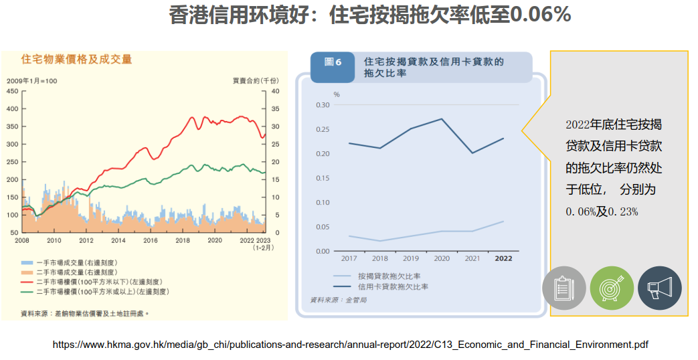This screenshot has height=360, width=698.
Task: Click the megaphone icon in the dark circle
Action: click(x=659, y=288)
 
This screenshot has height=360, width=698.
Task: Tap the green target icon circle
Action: click(x=612, y=288)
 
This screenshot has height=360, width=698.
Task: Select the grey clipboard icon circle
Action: click(x=563, y=288)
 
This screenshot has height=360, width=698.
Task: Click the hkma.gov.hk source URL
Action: click(x=350, y=345)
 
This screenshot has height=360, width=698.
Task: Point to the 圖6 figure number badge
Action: click(x=333, y=62)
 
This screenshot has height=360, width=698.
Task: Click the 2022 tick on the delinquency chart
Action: click(x=503, y=258)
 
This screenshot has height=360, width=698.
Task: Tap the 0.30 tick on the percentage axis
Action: click(x=323, y=105)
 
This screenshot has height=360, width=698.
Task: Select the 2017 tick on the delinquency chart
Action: click(x=349, y=258)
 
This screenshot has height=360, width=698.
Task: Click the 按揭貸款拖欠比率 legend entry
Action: click(x=389, y=276)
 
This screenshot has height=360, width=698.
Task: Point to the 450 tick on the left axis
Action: click(x=13, y=90)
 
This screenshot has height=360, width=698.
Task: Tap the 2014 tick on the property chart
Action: click(x=118, y=240)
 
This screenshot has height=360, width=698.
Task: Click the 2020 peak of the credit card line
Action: click(x=442, y=119)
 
